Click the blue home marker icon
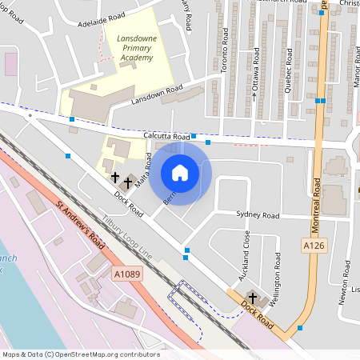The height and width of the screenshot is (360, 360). [180, 173]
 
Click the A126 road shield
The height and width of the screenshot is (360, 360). [313, 245]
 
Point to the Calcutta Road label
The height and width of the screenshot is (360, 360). [166, 137]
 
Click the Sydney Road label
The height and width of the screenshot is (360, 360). [258, 215]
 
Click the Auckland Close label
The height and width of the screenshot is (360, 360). [246, 255]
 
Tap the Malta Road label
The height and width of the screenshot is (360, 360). [144, 171]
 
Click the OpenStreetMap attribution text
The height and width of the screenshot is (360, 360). [80, 354]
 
